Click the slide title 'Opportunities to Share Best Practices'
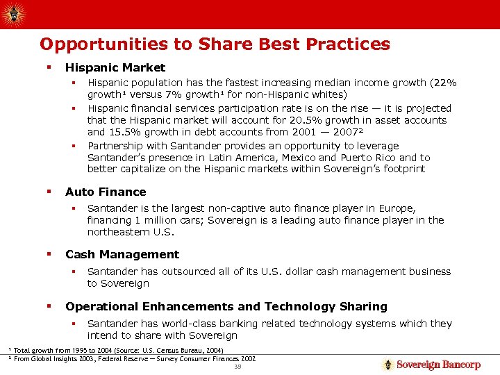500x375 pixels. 215,44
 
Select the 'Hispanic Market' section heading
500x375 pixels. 115,67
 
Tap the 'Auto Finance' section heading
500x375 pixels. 106,192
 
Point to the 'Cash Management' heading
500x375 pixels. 122,254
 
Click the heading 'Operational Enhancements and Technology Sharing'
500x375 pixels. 226,306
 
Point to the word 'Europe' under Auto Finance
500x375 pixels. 398,209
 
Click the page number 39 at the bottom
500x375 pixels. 237,367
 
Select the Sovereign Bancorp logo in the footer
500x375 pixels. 431,365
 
